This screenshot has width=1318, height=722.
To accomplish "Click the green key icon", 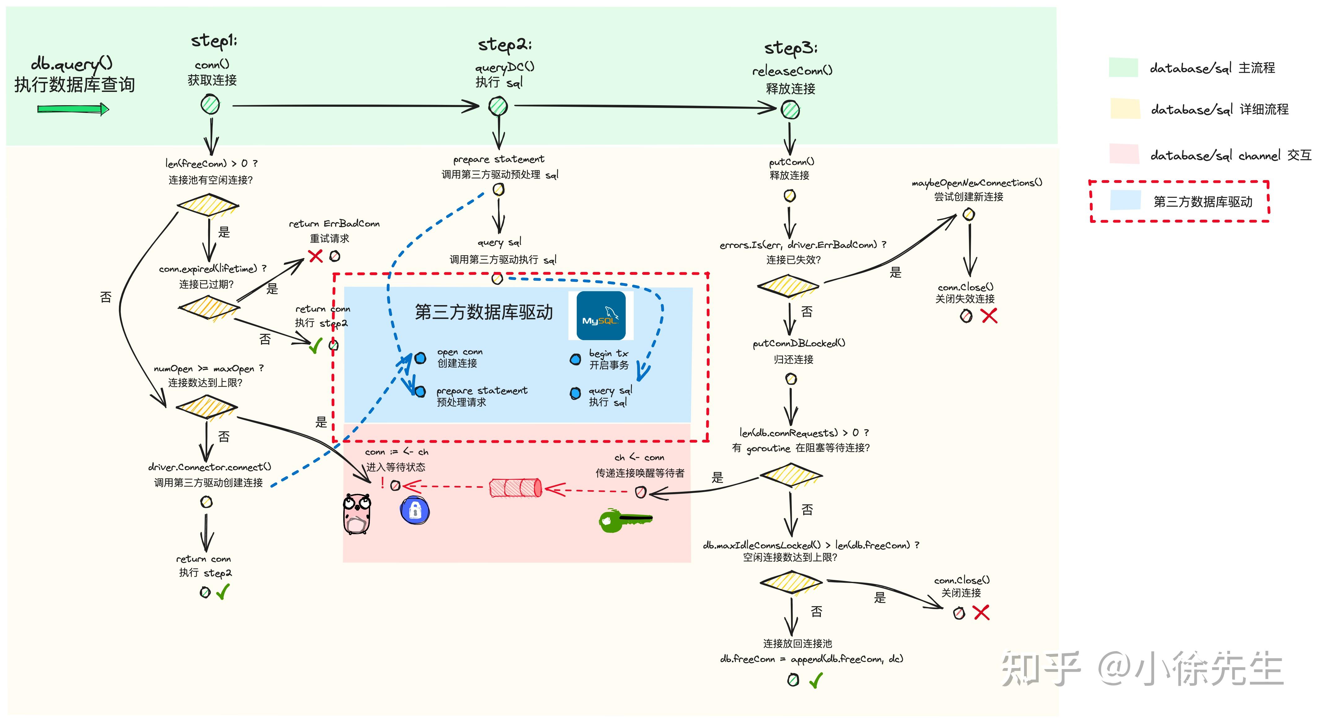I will [x=624, y=520].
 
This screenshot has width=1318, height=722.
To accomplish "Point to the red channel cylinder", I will [x=515, y=488].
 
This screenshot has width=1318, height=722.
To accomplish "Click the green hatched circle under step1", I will [x=210, y=105].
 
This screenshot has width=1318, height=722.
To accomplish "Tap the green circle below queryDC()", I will [x=498, y=106].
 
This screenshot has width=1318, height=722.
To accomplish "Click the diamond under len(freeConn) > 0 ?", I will [x=208, y=205].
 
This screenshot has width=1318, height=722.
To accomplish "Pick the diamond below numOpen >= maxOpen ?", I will [x=206, y=407].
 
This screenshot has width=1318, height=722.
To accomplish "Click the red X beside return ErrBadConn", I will [x=316, y=256].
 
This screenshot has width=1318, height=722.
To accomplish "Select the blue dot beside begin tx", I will [x=576, y=360].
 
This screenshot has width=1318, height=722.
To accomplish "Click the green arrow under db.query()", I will [x=73, y=109].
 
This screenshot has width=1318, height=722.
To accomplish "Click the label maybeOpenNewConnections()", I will [x=976, y=183].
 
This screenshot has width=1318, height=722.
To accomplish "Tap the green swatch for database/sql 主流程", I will [x=1123, y=67].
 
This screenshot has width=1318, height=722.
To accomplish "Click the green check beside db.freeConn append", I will [x=816, y=680].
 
